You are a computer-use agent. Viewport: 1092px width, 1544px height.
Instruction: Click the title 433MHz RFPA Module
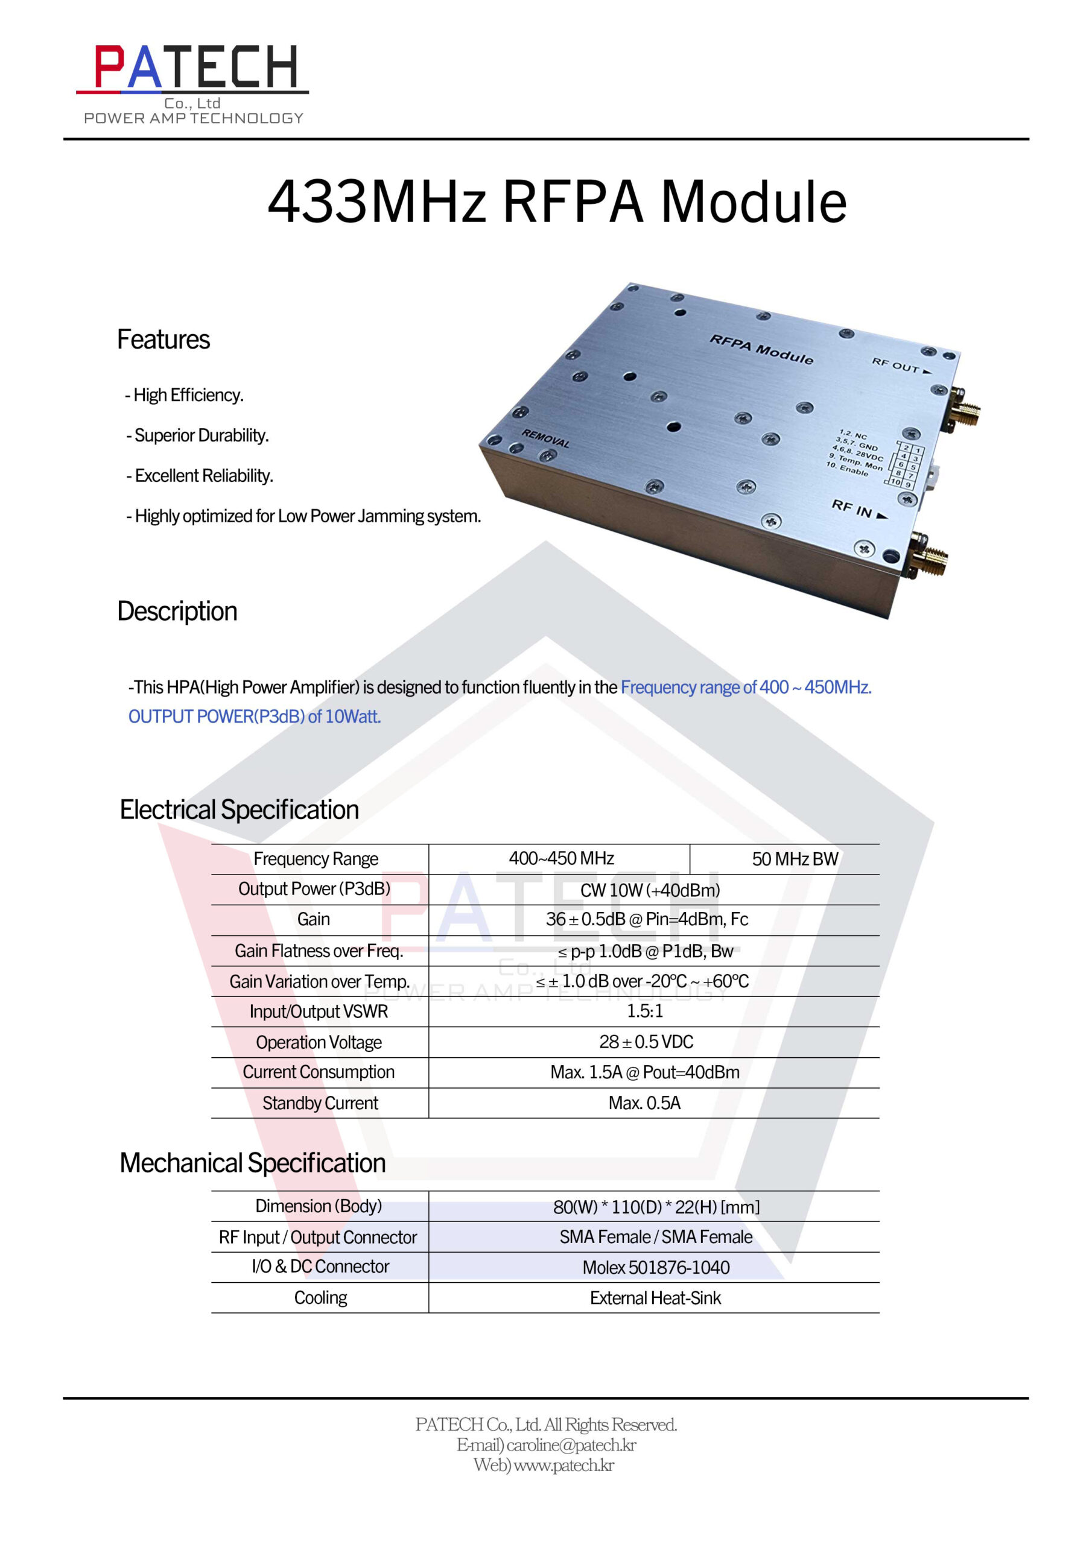tap(556, 201)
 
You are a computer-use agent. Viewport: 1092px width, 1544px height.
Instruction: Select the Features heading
tap(163, 340)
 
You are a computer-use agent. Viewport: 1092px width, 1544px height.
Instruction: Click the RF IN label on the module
tap(860, 509)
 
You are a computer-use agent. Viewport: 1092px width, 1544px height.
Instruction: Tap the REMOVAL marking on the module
tap(545, 439)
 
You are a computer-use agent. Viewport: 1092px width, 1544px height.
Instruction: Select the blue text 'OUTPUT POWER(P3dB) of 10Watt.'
tap(255, 717)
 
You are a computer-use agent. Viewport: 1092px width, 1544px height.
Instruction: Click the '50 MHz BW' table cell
tap(795, 859)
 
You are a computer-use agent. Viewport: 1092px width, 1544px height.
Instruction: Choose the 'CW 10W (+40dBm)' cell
tap(650, 890)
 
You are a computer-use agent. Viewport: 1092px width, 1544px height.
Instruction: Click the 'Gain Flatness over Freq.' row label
tap(319, 951)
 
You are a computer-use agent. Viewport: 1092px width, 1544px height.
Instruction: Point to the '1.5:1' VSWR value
tap(644, 1011)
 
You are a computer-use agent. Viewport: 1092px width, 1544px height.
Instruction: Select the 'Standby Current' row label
tap(320, 1103)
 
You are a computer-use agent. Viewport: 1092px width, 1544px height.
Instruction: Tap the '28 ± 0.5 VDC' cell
tap(646, 1042)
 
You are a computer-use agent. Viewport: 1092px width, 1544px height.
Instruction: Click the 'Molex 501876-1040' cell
tap(656, 1268)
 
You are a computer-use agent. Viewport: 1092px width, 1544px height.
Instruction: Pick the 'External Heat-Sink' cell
tap(655, 1298)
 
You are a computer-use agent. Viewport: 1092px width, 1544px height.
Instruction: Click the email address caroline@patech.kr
tap(571, 1445)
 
